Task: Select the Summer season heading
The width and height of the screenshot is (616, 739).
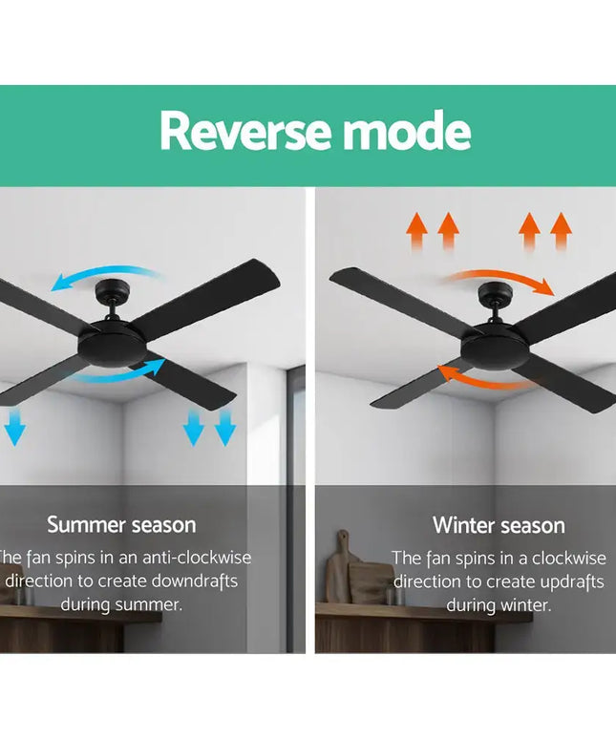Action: click(121, 524)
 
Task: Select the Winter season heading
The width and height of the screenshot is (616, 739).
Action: click(499, 525)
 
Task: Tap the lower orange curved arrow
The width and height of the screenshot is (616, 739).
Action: click(483, 376)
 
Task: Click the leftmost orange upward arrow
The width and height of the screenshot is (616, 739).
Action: click(415, 232)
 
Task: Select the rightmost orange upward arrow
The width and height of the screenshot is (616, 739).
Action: click(561, 232)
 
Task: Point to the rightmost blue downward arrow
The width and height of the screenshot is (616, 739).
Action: click(225, 427)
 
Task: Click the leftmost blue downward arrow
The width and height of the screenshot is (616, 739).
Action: click(13, 427)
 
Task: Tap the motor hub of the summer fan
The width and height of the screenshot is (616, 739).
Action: click(114, 343)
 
